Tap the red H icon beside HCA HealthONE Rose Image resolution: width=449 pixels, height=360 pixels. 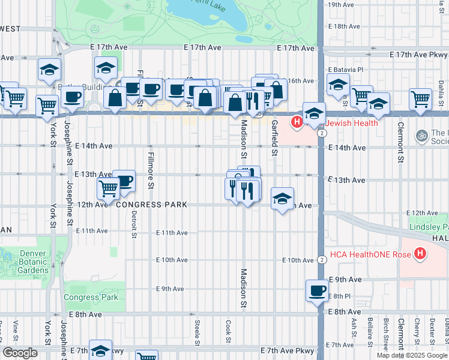point(420,254)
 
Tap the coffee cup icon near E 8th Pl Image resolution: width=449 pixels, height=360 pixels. point(317,292)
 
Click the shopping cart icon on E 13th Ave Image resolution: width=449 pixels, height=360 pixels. point(108,188)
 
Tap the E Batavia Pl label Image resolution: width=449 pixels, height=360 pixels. point(346,70)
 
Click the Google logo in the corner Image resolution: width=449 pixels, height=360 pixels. point(19,353)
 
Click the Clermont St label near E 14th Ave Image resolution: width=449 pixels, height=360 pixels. point(399,143)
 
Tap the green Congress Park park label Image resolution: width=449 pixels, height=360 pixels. point(91,297)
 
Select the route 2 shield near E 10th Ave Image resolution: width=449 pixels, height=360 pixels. point(322,260)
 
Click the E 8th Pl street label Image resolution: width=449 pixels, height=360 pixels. point(341,296)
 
